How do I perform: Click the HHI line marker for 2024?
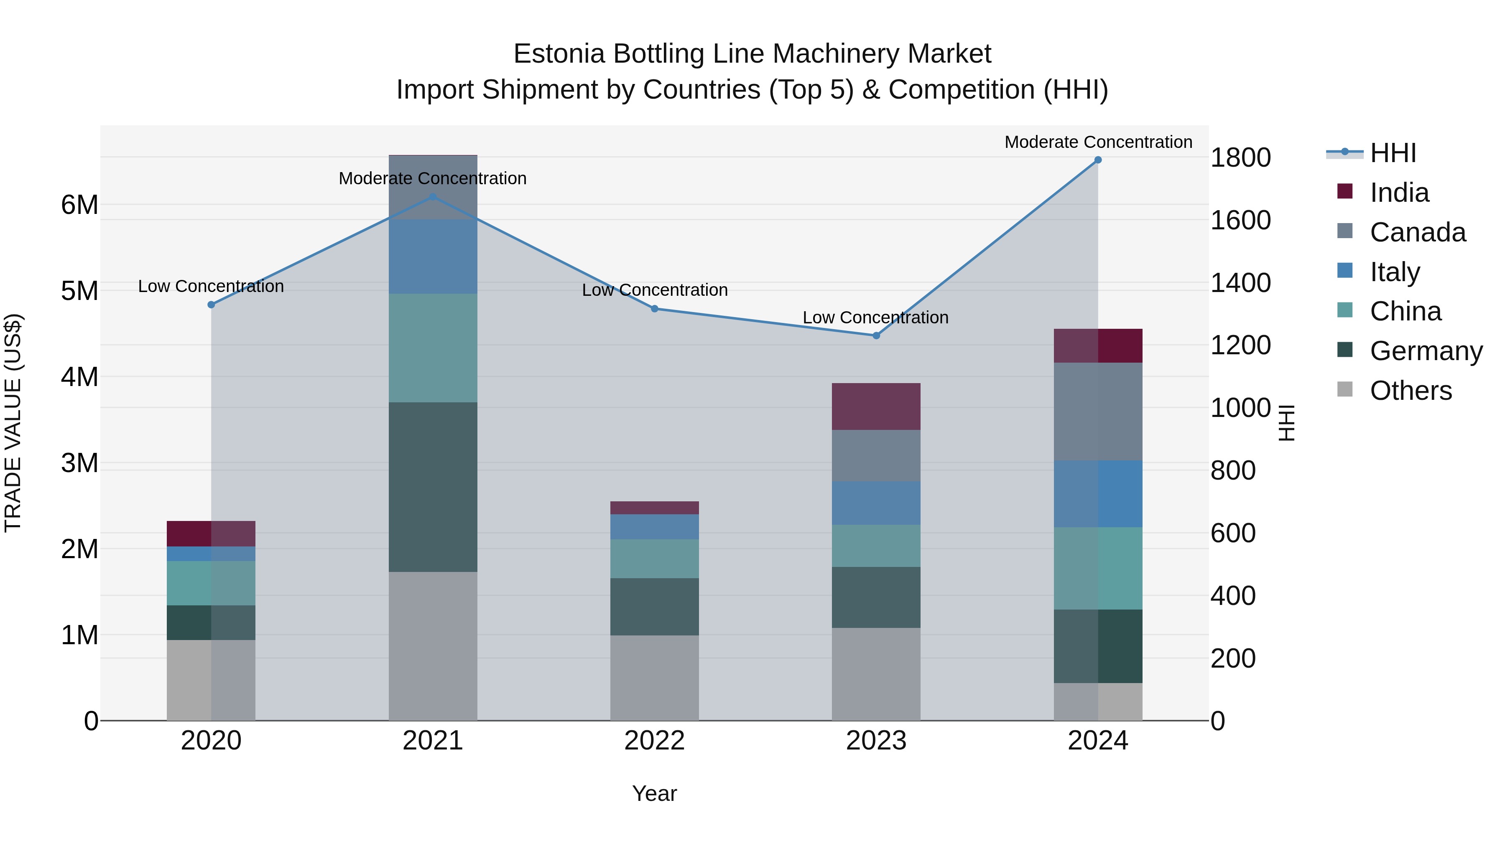pyautogui.click(x=1098, y=160)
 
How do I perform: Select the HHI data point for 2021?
pyautogui.click(x=433, y=197)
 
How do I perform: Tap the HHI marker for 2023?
pyautogui.click(x=876, y=336)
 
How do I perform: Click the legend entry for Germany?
pyautogui.click(x=1426, y=351)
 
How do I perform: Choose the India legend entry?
pyautogui.click(x=1399, y=193)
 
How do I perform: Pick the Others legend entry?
pyautogui.click(x=1411, y=391)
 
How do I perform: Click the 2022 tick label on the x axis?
pyautogui.click(x=654, y=741)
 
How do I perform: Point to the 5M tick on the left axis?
pyautogui.click(x=79, y=291)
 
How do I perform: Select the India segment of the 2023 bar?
pyautogui.click(x=876, y=406)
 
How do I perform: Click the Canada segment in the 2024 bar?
pyautogui.click(x=1098, y=411)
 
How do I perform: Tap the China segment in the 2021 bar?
pyautogui.click(x=433, y=348)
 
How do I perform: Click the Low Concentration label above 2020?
pyautogui.click(x=211, y=287)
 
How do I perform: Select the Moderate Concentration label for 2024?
pyautogui.click(x=1098, y=142)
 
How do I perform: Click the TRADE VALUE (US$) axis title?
pyautogui.click(x=13, y=423)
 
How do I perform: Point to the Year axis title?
pyautogui.click(x=654, y=793)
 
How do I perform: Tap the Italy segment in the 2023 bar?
pyautogui.click(x=876, y=503)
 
